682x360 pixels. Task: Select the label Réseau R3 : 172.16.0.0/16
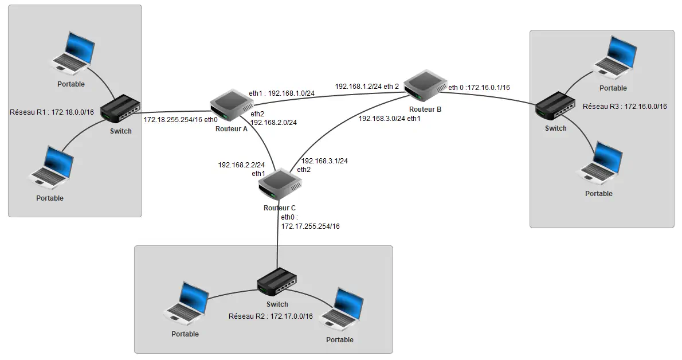pyautogui.click(x=625, y=107)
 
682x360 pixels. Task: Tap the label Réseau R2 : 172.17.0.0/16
pyautogui.click(x=271, y=316)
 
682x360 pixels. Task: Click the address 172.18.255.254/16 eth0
pyautogui.click(x=181, y=119)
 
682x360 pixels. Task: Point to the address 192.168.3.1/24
pyautogui.click(x=324, y=161)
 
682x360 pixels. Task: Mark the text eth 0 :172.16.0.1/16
pyautogui.click(x=479, y=88)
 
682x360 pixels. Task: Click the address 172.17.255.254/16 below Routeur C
pyautogui.click(x=310, y=226)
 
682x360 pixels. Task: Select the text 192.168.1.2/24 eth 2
pyautogui.click(x=367, y=87)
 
